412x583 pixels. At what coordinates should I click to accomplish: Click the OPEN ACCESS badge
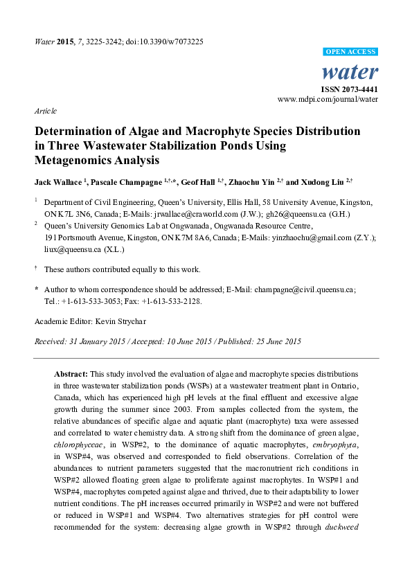click(351, 52)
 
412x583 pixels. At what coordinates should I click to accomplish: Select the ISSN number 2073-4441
click(359, 90)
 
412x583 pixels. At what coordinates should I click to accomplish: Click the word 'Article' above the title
click(45, 111)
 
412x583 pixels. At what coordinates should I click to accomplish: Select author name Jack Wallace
click(57, 182)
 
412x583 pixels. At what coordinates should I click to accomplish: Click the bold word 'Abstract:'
click(72, 372)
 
